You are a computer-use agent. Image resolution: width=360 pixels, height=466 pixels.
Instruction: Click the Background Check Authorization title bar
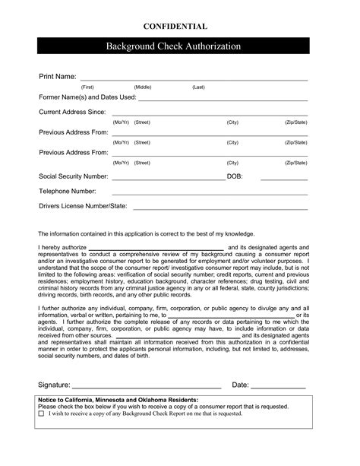179,46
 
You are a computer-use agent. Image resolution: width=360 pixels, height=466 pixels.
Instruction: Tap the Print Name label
58,78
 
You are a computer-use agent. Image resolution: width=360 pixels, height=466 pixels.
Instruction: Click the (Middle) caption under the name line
143,88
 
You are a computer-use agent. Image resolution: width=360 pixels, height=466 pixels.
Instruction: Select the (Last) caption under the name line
198,88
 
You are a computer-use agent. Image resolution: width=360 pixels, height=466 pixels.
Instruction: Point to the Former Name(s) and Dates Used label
87,98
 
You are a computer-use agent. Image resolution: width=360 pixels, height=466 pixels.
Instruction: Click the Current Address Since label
72,113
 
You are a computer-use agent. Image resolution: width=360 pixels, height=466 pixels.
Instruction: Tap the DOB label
235,176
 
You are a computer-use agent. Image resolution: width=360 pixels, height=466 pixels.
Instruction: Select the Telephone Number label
68,191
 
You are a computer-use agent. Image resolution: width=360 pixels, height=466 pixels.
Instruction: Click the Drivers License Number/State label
83,206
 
